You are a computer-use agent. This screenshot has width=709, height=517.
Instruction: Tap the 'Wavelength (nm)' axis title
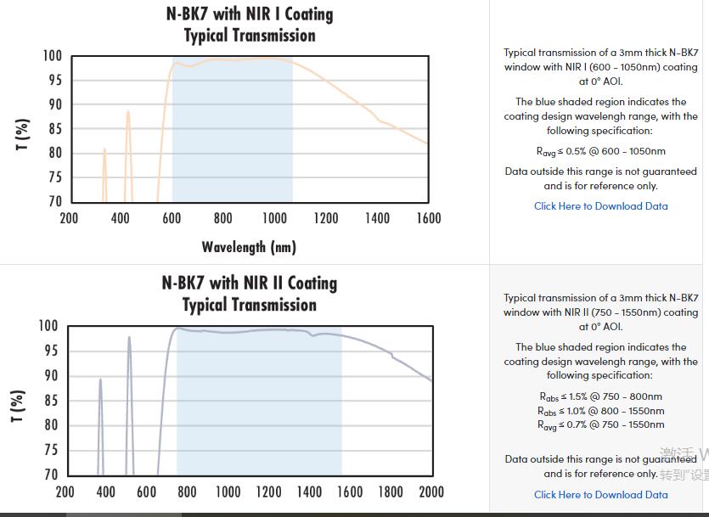[x=249, y=247]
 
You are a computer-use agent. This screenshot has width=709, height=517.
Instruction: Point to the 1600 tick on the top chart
[x=429, y=218]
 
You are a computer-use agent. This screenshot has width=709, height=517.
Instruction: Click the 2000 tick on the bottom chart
[x=431, y=492]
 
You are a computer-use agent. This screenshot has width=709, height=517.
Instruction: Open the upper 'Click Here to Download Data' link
[x=600, y=206]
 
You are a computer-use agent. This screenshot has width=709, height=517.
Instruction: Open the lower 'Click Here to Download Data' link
[x=600, y=495]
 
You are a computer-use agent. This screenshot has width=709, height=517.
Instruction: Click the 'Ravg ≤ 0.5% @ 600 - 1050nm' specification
[x=600, y=151]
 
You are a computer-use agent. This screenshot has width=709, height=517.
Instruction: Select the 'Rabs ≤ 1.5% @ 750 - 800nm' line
[x=600, y=396]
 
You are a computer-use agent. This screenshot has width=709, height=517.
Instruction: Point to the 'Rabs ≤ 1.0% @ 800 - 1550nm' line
[x=600, y=411]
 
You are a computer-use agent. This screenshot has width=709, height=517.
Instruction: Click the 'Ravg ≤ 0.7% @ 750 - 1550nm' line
[x=600, y=424]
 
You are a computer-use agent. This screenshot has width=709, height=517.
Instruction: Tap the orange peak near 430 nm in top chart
[x=128, y=112]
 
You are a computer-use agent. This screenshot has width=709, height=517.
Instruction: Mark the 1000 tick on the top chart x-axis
[x=274, y=218]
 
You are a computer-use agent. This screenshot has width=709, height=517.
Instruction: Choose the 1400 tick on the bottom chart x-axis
[x=309, y=492]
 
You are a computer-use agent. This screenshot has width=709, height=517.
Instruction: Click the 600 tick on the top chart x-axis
[x=172, y=218]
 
